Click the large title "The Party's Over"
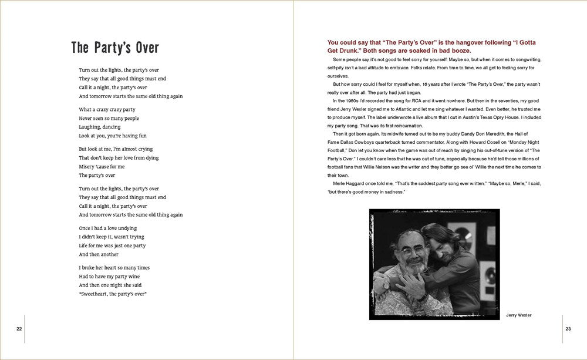[115, 47]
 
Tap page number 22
[19, 328]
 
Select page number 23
[568, 328]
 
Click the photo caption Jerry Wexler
[519, 315]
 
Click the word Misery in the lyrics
[87, 167]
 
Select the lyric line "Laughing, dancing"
[100, 127]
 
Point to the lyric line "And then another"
[99, 254]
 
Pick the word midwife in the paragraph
[392, 134]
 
